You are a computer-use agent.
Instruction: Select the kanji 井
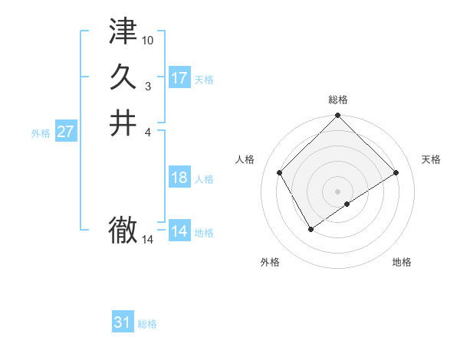[x=123, y=123]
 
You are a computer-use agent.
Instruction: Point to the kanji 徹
[x=123, y=230]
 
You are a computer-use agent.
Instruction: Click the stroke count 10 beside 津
[x=148, y=39]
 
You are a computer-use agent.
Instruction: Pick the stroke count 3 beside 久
[x=148, y=86]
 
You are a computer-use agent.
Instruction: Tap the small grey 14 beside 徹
[x=148, y=240]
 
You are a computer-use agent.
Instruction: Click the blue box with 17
[x=179, y=78]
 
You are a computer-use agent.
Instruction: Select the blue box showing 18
[x=179, y=178]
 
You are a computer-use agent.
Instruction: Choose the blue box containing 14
[x=179, y=231]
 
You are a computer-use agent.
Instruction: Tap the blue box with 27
[x=66, y=132]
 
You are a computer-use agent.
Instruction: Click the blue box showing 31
[x=123, y=322]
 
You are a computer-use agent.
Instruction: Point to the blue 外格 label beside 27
[x=41, y=133]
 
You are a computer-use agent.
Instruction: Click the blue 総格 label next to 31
[x=147, y=324]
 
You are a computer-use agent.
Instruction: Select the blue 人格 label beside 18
[x=204, y=179]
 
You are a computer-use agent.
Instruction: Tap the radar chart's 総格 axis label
[x=337, y=100]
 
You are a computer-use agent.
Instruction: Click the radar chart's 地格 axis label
[x=402, y=262]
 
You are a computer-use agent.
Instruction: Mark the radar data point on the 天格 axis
[x=396, y=173]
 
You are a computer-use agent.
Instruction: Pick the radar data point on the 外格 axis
[x=310, y=229]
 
